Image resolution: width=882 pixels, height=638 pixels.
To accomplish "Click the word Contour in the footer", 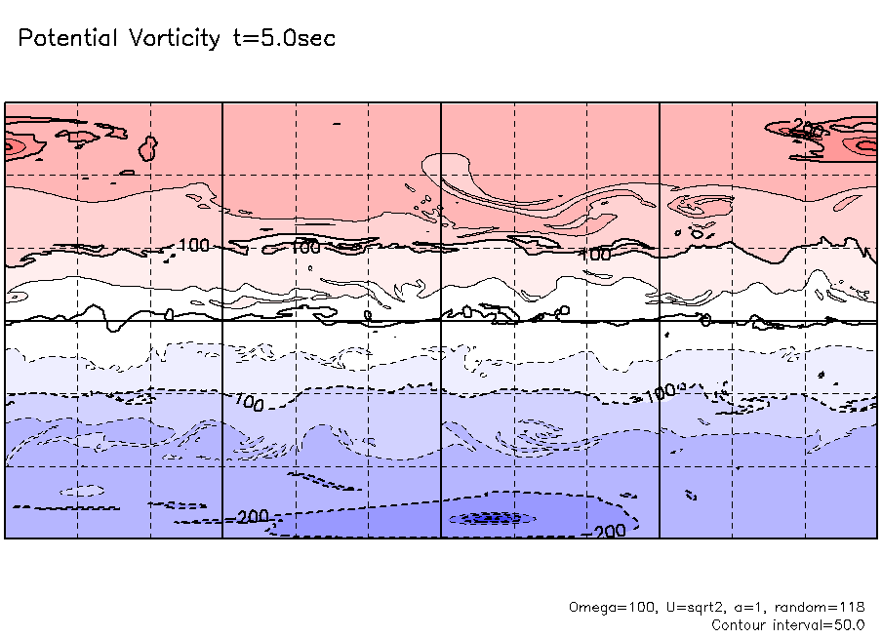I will (738, 624).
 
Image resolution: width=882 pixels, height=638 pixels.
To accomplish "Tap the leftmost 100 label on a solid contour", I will (194, 245).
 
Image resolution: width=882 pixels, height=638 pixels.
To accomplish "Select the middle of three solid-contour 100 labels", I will (305, 247).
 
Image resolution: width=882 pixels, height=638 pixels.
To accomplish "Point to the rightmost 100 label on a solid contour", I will (595, 255).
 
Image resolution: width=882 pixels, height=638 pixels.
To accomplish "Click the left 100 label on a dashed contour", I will (248, 402).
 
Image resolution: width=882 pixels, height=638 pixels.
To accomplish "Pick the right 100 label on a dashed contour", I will (660, 393).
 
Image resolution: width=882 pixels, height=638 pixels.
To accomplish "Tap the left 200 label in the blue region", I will (253, 515).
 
